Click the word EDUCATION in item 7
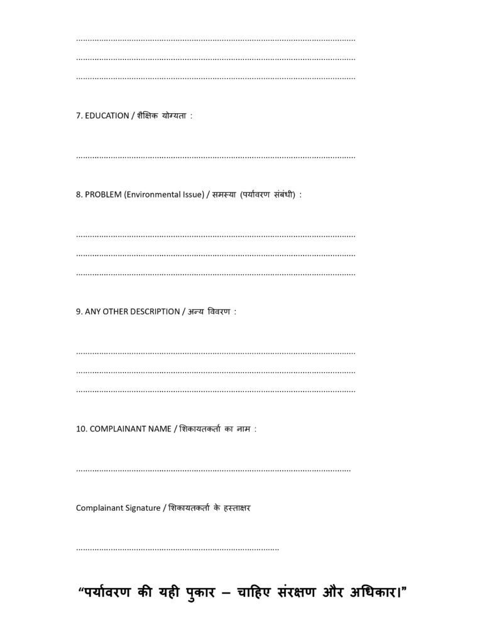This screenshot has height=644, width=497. click(107, 116)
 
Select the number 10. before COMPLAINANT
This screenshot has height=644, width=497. click(82, 430)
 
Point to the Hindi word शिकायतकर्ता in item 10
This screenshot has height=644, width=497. click(201, 430)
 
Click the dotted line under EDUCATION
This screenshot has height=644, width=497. click(216, 156)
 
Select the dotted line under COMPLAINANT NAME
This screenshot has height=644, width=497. click(213, 470)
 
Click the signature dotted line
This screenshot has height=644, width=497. click(177, 549)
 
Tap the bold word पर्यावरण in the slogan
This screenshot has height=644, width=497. click(107, 592)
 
